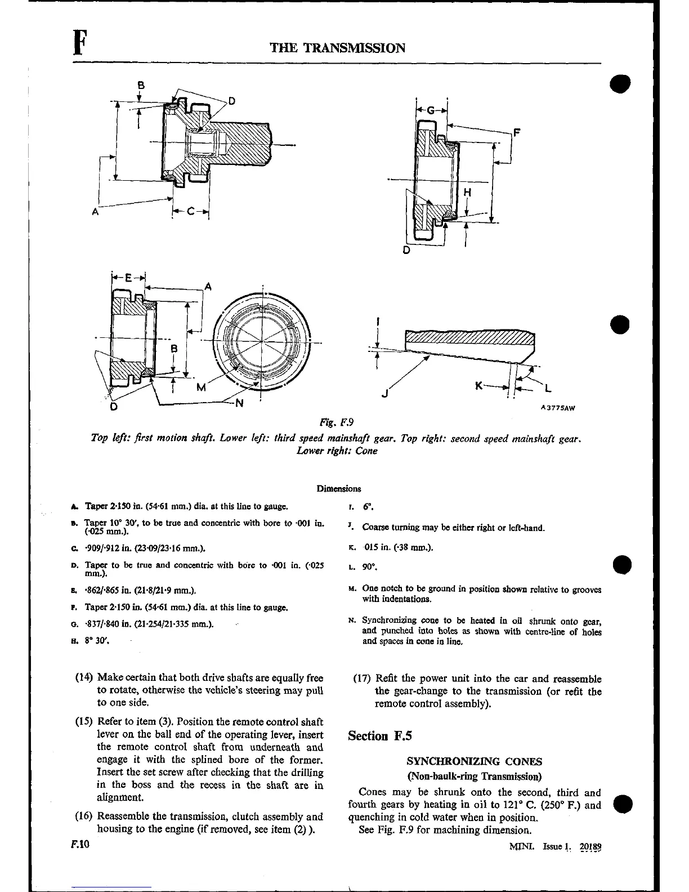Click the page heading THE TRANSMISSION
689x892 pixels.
point(338,47)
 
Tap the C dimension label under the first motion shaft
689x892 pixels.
point(190,212)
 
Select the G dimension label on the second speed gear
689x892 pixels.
point(431,110)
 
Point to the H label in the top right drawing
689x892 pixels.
point(467,192)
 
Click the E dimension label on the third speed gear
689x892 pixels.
point(128,278)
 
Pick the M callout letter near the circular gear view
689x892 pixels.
point(201,387)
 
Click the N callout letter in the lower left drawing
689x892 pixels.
point(239,403)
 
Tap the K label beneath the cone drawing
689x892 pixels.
point(479,386)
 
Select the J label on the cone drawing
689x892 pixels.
point(385,394)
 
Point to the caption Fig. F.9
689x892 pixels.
point(336,422)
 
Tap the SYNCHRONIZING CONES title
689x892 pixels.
point(474,761)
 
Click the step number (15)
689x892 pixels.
point(84,722)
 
